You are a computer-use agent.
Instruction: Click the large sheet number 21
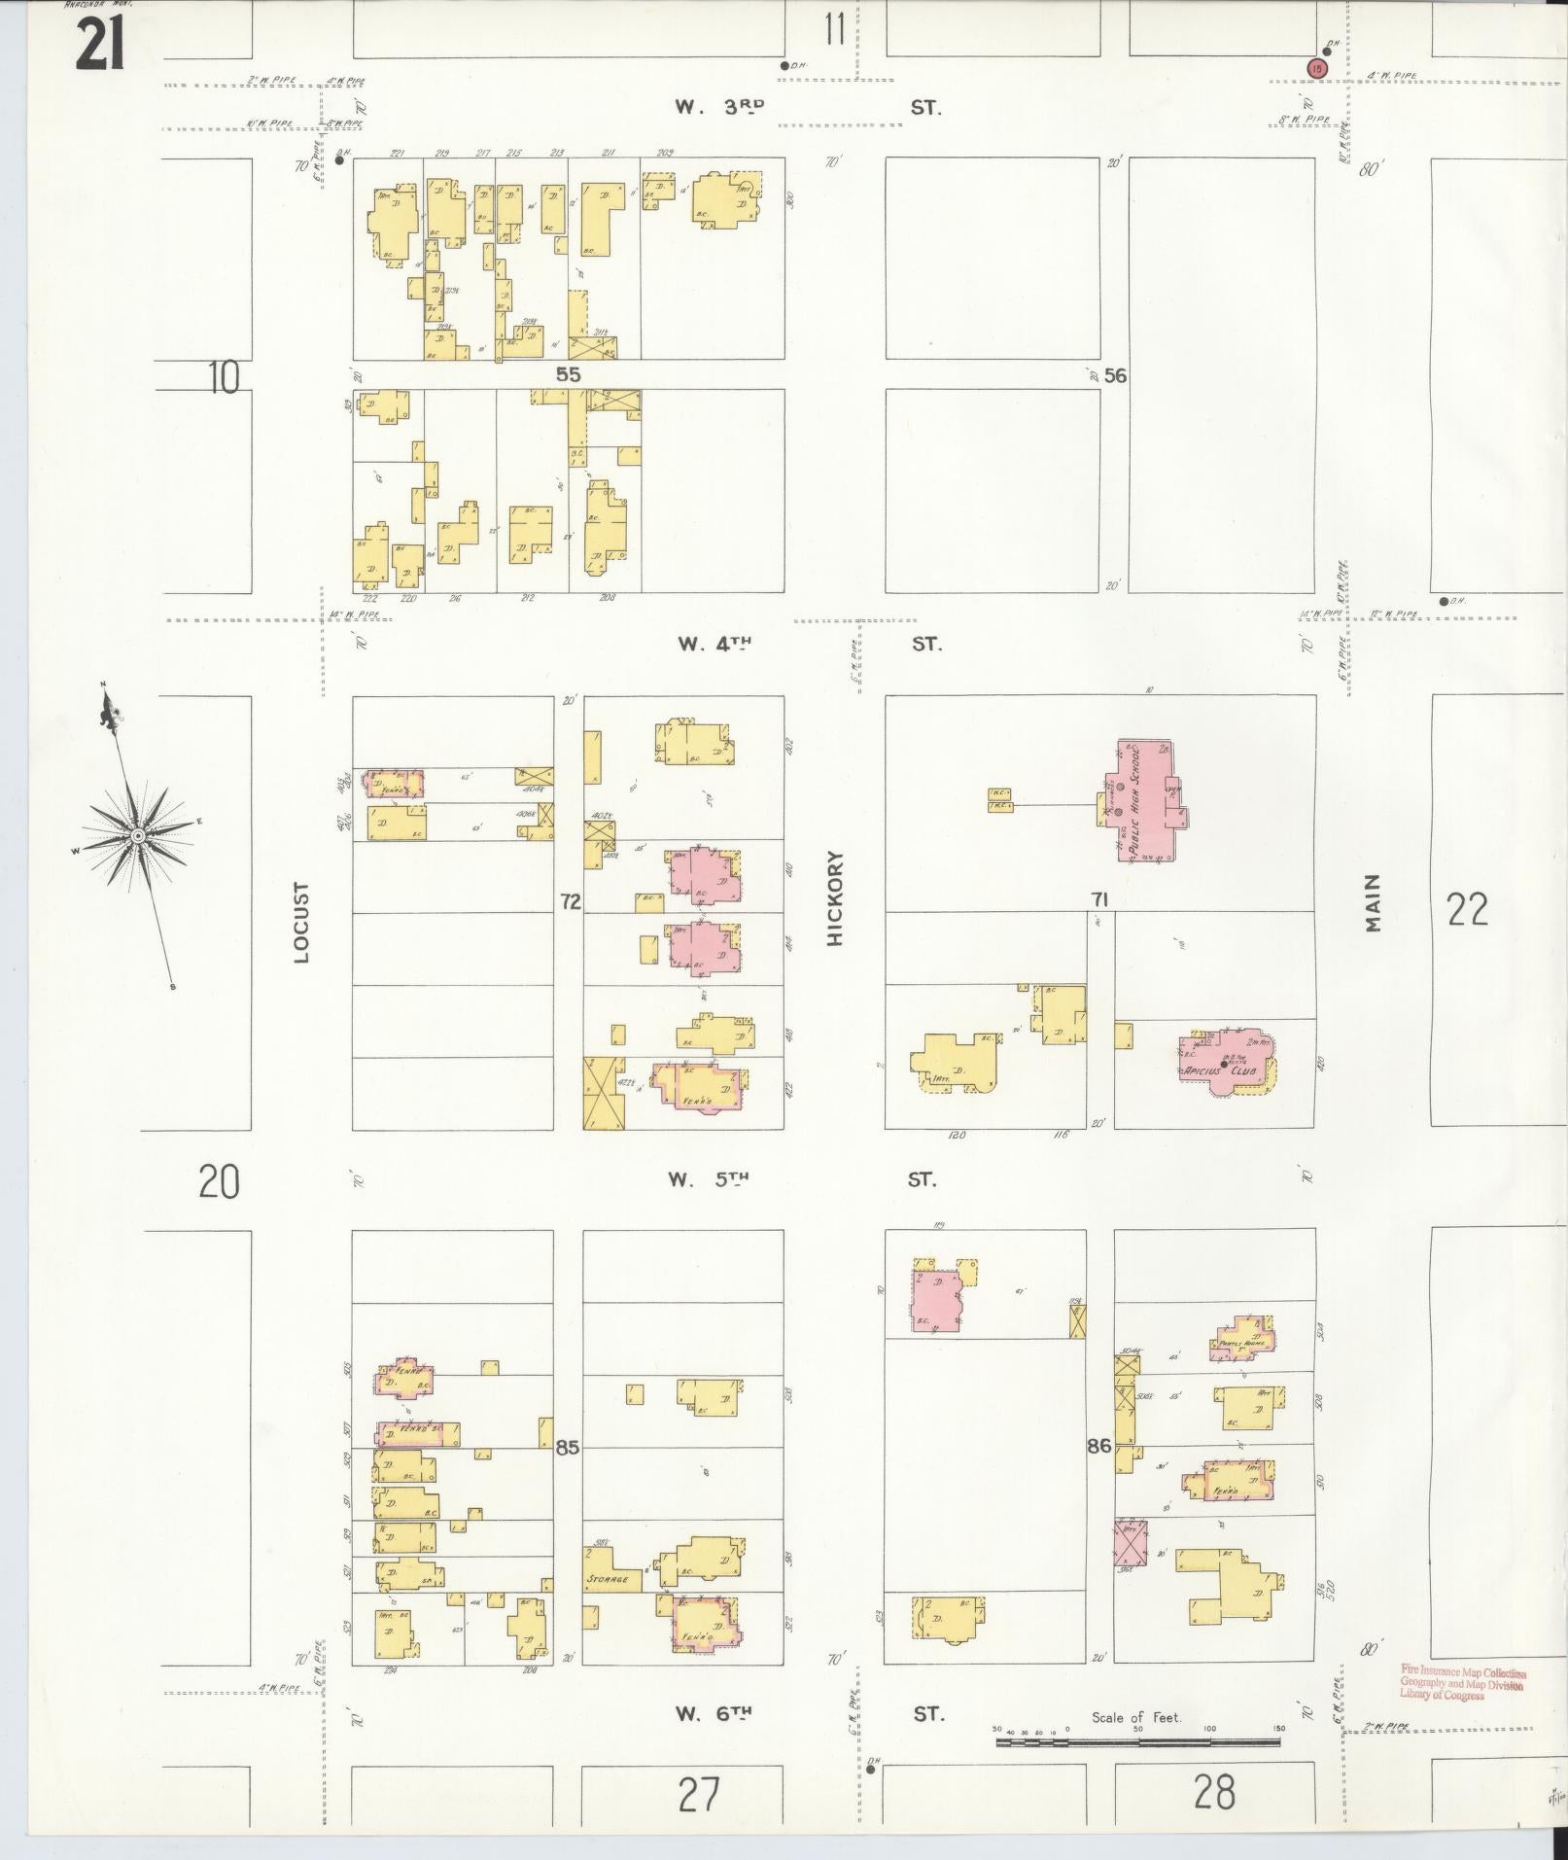(100, 44)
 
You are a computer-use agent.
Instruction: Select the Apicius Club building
(1224, 1063)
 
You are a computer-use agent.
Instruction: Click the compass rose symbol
(138, 834)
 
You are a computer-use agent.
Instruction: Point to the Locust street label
(301, 922)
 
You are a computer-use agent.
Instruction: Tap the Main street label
(1372, 902)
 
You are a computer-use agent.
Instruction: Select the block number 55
(568, 374)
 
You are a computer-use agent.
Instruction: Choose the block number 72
(569, 902)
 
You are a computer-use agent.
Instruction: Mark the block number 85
(567, 1448)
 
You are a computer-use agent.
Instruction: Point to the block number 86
(1098, 1446)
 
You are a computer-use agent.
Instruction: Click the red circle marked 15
(1316, 67)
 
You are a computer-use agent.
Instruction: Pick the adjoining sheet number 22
(1467, 910)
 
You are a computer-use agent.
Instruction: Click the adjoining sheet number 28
(1214, 1791)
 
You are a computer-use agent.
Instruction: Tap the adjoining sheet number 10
(224, 377)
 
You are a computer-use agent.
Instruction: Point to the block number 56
(1115, 375)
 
